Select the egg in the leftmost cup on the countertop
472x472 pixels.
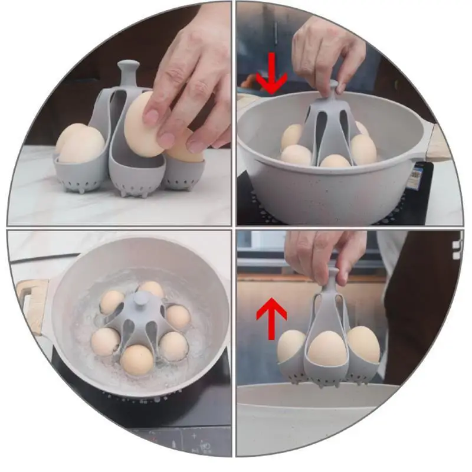[81, 144]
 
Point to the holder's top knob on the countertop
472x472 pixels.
[128, 71]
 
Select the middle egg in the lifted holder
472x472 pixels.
[328, 348]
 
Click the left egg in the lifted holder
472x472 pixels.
[291, 346]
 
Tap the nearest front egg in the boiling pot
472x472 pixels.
[137, 359]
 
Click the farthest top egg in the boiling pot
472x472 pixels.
[152, 289]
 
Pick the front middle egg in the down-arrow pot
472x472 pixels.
[335, 160]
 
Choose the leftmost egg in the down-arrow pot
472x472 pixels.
[291, 136]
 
